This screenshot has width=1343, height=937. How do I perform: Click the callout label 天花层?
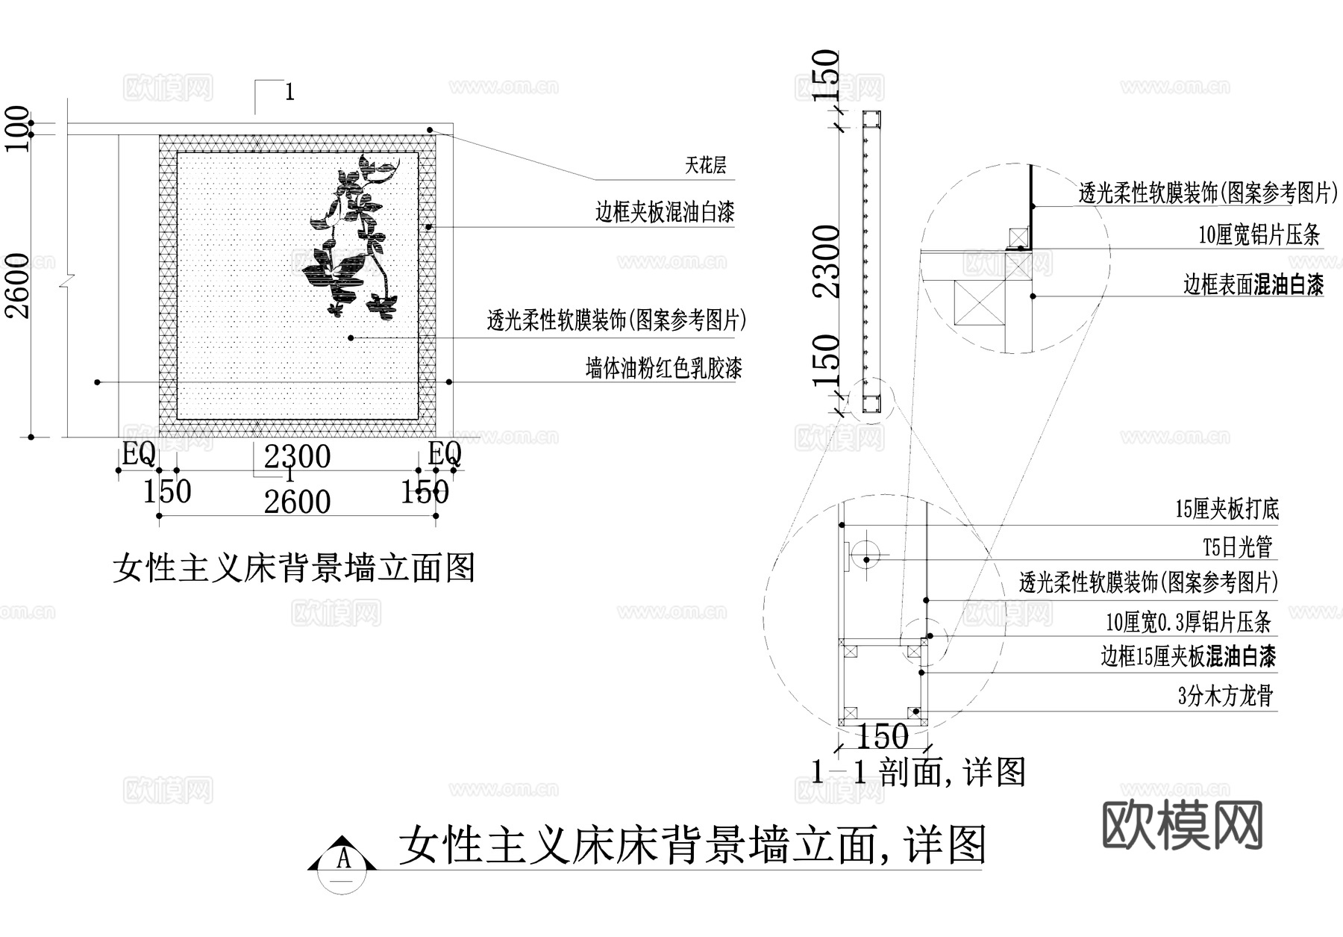705,166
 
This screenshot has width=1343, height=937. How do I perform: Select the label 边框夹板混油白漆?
664,213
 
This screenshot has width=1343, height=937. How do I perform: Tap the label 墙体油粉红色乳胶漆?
663,368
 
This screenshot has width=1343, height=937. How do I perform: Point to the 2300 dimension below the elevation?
297,457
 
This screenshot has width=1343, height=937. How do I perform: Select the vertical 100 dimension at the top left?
17,128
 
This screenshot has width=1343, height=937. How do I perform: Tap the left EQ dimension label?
138,453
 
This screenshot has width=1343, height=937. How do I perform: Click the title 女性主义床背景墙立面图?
294,569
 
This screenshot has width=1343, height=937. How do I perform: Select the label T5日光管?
1237,547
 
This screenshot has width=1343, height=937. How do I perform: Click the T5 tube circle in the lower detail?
866,559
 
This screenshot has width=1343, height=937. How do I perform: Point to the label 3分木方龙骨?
1225,697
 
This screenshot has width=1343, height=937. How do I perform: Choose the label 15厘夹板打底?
1227,510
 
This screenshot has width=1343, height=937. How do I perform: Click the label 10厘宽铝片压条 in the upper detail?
1259,235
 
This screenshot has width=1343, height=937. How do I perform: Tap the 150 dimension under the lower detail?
882,738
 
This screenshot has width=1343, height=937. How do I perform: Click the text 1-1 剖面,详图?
918,772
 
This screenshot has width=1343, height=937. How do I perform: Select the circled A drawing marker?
342,860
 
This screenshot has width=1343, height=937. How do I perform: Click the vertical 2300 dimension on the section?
826,261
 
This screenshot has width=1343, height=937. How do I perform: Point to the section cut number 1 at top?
289,93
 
